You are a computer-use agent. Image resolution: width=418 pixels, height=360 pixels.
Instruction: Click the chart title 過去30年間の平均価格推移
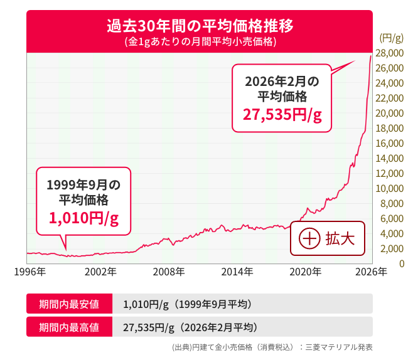point(200,27)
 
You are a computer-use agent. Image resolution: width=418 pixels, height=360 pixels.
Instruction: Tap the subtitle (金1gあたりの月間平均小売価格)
point(200,42)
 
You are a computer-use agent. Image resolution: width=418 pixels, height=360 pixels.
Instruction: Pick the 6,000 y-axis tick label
point(392,219)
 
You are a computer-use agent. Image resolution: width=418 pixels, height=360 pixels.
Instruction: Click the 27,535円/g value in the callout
point(282,115)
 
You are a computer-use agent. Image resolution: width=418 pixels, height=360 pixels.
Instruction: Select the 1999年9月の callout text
point(83,185)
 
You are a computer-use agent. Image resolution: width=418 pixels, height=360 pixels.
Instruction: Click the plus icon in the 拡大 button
point(309,239)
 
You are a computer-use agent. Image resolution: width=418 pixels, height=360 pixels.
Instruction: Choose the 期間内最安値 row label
point(69,304)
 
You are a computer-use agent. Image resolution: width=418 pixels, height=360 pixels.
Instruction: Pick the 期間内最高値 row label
point(69,327)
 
